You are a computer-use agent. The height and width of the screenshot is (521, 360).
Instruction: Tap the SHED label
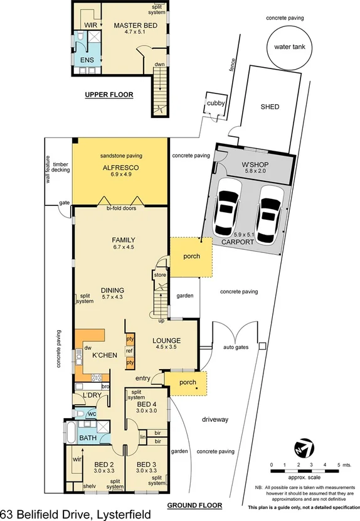[x=270, y=107]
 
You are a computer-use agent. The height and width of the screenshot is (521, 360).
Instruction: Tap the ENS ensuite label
[x=87, y=60]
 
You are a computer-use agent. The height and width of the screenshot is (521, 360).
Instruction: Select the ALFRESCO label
[x=120, y=168]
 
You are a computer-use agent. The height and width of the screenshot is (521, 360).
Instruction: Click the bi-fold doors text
[x=120, y=208]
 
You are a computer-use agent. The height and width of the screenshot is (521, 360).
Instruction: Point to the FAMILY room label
[x=124, y=240]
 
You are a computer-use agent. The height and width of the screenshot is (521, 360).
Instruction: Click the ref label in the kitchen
[x=130, y=351]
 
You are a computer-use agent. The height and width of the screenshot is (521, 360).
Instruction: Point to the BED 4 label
[x=147, y=405]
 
